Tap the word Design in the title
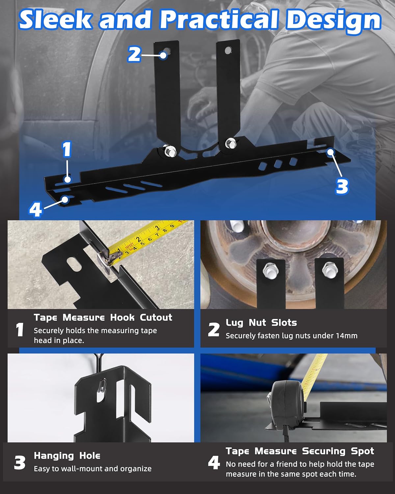333,20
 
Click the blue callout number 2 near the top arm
134,54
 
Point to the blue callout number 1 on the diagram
67,150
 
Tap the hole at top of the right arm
227,50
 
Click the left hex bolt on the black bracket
170,151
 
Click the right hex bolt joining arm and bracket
230,143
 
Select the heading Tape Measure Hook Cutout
103,317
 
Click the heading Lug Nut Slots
261,323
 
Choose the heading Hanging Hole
67,456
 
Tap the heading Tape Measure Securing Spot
300,451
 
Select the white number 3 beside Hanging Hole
20,463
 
